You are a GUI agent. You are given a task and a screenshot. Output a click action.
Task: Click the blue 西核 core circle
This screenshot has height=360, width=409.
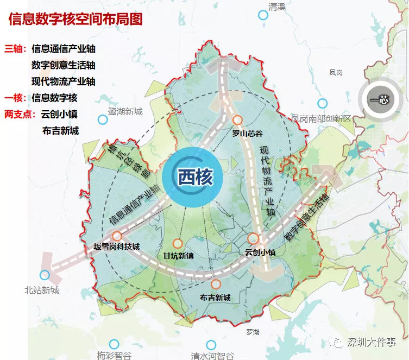(x=193, y=176)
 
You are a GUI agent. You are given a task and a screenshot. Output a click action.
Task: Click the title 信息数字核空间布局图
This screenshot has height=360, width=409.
(x=75, y=20)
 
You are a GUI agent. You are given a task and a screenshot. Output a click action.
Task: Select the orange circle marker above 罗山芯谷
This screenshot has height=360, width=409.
(x=237, y=121)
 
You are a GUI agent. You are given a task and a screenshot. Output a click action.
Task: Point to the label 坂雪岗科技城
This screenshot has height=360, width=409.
(x=117, y=247)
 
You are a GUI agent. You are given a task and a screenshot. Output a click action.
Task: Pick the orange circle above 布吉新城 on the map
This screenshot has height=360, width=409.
(x=216, y=284)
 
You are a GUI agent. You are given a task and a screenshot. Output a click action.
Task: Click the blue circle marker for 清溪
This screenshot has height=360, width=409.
(x=263, y=15)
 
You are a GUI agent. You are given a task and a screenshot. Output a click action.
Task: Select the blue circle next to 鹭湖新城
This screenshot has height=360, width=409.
(x=102, y=119)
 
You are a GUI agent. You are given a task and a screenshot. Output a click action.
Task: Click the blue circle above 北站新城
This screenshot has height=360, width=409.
(x=45, y=275)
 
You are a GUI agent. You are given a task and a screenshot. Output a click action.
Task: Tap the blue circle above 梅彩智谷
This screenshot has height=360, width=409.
(x=114, y=344)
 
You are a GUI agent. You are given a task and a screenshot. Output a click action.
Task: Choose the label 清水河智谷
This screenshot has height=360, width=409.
(x=212, y=356)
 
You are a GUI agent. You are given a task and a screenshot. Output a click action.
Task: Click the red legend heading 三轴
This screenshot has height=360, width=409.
(x=15, y=49)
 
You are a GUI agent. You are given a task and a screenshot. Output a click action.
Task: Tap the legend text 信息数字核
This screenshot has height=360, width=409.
(x=55, y=98)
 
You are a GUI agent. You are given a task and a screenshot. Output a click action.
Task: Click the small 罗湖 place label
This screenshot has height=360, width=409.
(x=253, y=331)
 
